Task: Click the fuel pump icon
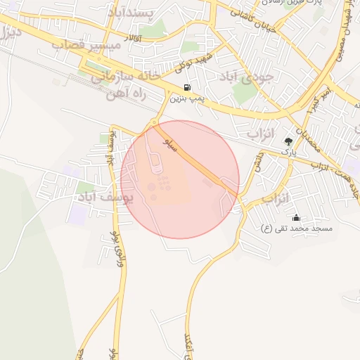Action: click(x=186, y=87)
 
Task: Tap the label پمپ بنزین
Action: click(x=188, y=98)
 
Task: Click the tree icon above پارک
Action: click(x=288, y=141)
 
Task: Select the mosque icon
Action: click(x=296, y=217)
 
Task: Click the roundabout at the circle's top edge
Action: click(x=154, y=124)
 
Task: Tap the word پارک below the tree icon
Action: click(x=288, y=151)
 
